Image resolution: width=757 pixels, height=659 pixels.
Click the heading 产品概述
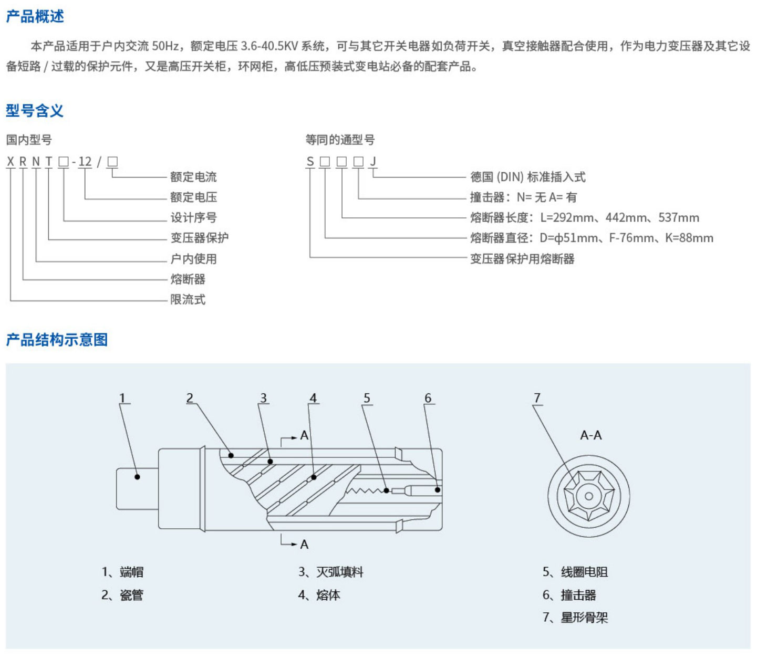[x=35, y=16]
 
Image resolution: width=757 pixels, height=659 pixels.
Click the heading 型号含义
[x=35, y=110]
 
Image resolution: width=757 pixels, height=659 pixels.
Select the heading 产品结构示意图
[x=57, y=340]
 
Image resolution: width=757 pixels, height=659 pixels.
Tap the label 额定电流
[x=193, y=177]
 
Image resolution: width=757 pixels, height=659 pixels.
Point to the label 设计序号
[x=193, y=217]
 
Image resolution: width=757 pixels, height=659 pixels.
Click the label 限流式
[x=188, y=299]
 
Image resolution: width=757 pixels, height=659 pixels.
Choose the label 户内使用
[x=193, y=258]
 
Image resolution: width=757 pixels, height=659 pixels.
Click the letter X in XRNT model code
[x=11, y=162]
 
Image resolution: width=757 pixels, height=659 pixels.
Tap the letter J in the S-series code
[x=373, y=162]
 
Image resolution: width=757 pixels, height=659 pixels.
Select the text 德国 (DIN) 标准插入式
[x=527, y=177]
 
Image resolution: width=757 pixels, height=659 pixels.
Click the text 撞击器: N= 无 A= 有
[x=523, y=197]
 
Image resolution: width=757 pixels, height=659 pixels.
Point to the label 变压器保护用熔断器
[x=522, y=258]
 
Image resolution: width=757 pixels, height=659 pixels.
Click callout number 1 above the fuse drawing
[x=122, y=398]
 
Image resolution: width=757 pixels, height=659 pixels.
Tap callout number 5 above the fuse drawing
[x=367, y=398]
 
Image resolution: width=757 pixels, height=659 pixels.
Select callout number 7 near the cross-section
[x=537, y=398]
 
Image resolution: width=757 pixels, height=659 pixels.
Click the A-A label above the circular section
[x=591, y=435]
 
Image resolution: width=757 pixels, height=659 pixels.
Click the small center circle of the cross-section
[x=589, y=496]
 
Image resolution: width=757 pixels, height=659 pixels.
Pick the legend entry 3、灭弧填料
[x=331, y=572]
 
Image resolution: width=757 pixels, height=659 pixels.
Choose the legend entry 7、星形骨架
[x=575, y=618]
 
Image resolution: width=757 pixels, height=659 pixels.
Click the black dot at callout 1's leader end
[x=137, y=477]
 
